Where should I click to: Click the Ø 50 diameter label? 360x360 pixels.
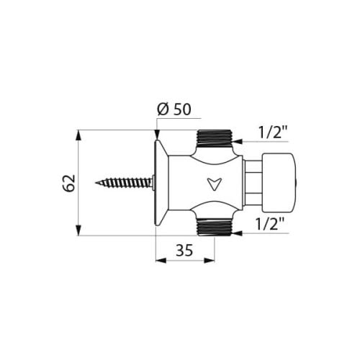pos(174,109)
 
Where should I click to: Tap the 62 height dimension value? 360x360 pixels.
pos(69,183)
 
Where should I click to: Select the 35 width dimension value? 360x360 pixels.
pos(184,251)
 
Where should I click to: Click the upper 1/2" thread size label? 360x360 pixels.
pos(273,132)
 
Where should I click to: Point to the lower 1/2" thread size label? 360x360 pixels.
pos(270,223)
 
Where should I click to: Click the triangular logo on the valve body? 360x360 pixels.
pos(214,184)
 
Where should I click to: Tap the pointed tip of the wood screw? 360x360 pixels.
pos(96,183)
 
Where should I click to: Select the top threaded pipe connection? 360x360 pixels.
pos(215,139)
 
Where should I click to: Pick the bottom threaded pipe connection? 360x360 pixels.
pos(215,227)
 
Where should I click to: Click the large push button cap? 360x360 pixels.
pos(279,183)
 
